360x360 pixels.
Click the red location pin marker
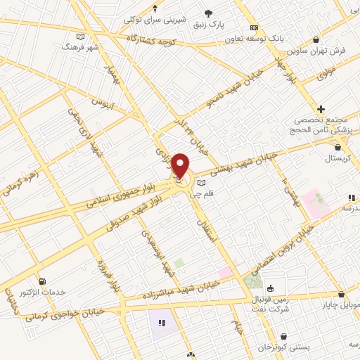coord(181,167)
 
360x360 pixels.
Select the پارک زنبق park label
coord(210,24)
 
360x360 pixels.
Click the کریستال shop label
coord(340,158)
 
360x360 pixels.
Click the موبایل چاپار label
coord(341,306)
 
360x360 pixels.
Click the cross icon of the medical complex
coord(321,109)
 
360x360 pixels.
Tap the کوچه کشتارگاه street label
coord(150,40)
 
